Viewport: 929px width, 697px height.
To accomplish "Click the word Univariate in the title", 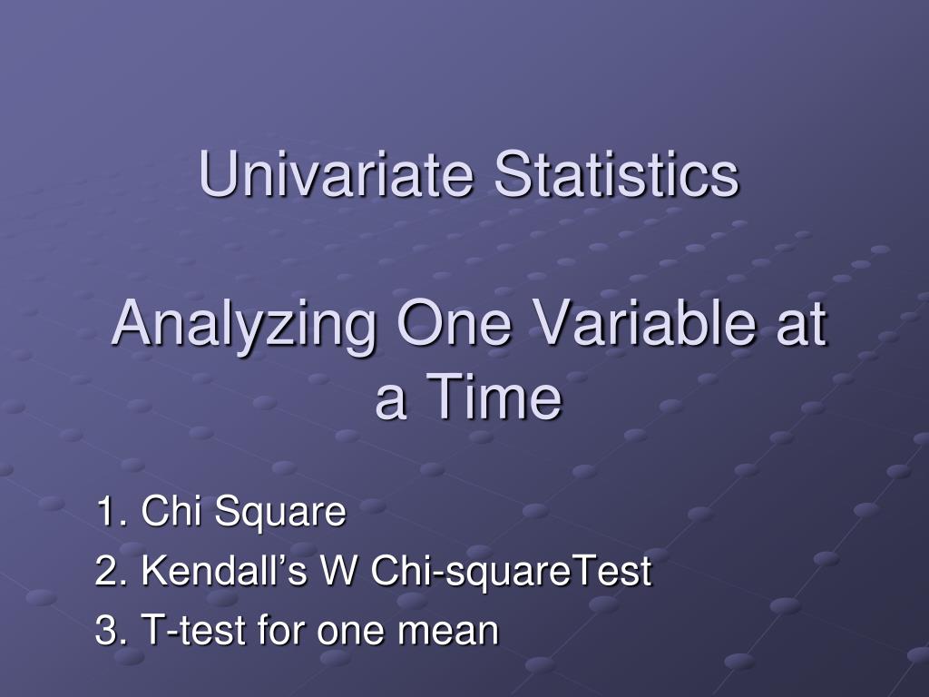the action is pos(336,173).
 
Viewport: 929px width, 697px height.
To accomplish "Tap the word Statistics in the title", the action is pos(616,173).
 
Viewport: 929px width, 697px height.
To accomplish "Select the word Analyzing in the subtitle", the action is pos(243,326).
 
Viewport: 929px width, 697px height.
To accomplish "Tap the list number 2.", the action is pos(111,570).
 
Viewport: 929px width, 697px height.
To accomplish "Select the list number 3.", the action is pos(111,630).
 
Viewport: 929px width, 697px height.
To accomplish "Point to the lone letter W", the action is pos(339,570).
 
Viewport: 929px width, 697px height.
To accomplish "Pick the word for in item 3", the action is pos(282,629).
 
